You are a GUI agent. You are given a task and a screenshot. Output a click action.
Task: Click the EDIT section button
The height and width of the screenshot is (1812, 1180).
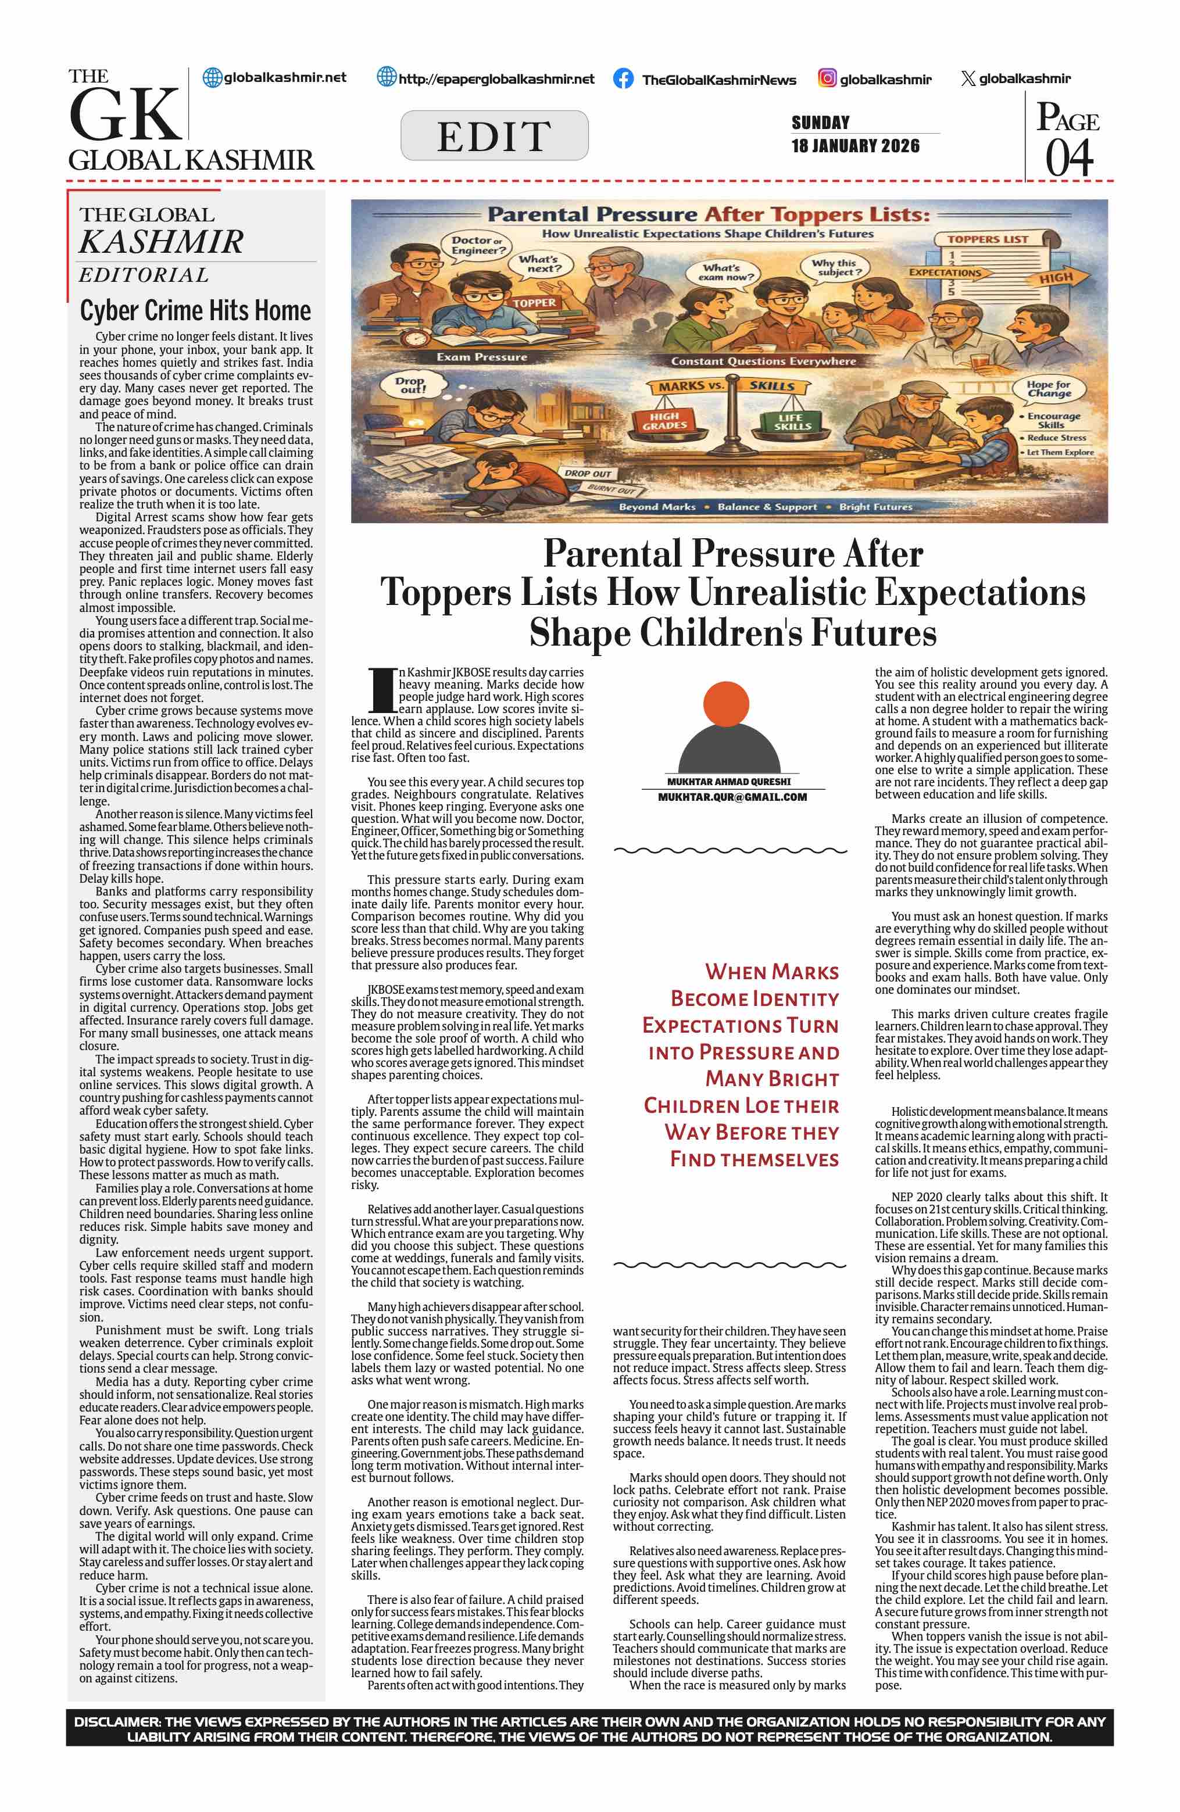[494, 135]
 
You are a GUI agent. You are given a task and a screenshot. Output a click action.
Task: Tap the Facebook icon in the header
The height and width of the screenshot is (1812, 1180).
[623, 79]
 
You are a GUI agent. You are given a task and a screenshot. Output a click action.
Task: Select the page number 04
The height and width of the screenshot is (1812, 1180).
[1069, 157]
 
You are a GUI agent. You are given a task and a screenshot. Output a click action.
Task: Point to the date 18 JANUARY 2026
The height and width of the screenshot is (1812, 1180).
[855, 146]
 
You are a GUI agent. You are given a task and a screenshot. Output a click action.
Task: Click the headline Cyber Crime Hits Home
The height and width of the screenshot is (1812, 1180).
[196, 311]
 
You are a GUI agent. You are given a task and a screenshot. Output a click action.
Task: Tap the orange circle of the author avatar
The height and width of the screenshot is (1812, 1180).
[728, 706]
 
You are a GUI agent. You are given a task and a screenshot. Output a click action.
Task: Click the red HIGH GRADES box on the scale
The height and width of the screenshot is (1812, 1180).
[664, 421]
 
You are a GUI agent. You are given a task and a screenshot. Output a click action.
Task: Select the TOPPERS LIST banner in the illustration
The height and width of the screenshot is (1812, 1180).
[988, 239]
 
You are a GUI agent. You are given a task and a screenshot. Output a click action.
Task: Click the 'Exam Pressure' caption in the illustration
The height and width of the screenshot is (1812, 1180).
[481, 356]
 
